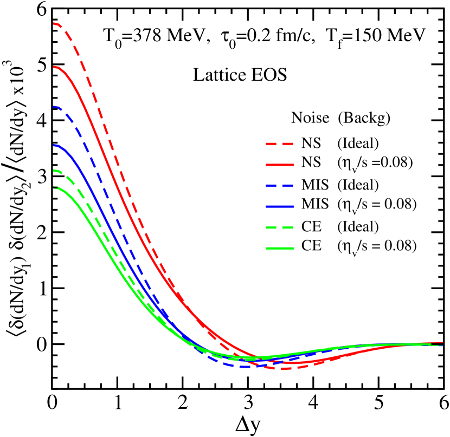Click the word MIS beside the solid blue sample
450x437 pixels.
pyautogui.click(x=315, y=204)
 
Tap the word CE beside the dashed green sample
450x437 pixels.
pyautogui.click(x=311, y=226)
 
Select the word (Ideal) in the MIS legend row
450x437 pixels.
pyautogui.click(x=358, y=185)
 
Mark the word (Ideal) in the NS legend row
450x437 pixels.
pyautogui.click(x=358, y=144)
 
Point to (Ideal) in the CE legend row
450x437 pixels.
pyautogui.click(x=358, y=226)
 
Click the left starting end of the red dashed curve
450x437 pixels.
pyautogui.click(x=54, y=24)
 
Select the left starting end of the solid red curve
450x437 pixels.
pyautogui.click(x=54, y=67)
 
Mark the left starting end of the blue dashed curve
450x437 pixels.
pyautogui.click(x=54, y=107)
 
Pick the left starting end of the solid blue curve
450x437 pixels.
pyautogui.click(x=54, y=145)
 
